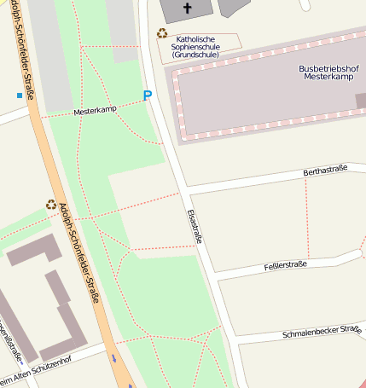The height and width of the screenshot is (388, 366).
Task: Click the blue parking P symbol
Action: click(147, 96)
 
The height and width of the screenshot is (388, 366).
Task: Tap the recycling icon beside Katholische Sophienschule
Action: click(162, 33)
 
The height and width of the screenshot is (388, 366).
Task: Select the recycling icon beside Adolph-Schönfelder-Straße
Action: click(51, 205)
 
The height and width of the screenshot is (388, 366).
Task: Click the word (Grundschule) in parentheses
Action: click(195, 55)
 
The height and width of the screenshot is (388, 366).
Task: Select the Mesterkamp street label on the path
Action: click(95, 111)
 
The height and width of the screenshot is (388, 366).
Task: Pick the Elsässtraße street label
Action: click(194, 227)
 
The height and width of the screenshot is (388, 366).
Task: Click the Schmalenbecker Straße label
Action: click(322, 332)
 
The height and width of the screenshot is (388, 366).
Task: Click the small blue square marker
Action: click(19, 96)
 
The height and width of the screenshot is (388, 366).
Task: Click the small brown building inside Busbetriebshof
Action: click(360, 101)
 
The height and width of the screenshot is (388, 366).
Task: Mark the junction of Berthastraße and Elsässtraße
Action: click(186, 187)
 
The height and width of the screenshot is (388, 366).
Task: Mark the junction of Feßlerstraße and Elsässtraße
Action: click(212, 275)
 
